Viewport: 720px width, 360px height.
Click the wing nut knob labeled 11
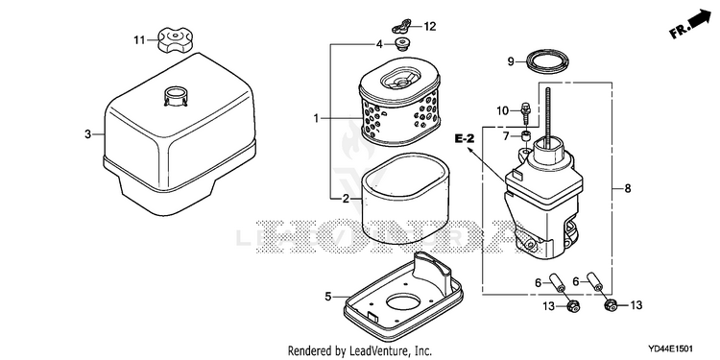[175, 40]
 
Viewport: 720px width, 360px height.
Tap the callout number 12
[429, 27]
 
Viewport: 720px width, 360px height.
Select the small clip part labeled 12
[402, 26]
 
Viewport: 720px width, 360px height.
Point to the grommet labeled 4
[402, 44]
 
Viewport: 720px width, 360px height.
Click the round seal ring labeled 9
[548, 61]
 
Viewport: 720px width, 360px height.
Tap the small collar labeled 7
[526, 136]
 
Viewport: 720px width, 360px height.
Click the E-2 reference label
[465, 138]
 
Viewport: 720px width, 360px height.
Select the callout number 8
[628, 188]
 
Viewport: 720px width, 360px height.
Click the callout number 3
[87, 134]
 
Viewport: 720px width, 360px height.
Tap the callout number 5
[328, 297]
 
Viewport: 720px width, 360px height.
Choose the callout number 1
[316, 118]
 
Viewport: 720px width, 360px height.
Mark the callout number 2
[346, 199]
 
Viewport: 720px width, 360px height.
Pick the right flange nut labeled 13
[610, 304]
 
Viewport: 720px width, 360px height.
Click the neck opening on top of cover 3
[176, 95]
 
